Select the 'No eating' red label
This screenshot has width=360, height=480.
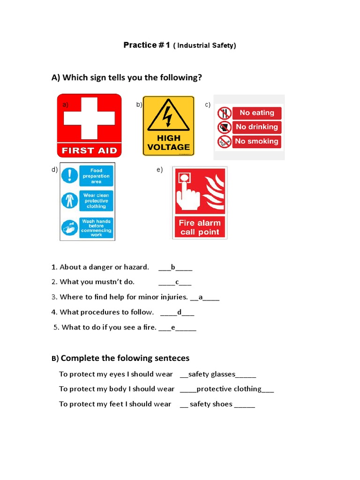(x=257, y=113)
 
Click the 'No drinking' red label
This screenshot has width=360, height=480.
(x=257, y=127)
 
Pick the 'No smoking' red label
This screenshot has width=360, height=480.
(x=257, y=141)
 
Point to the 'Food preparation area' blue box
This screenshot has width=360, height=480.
(x=96, y=176)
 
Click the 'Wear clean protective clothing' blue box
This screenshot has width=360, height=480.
(x=96, y=201)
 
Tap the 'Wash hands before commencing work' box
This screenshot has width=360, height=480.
(x=96, y=227)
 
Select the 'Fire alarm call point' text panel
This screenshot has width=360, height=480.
(x=200, y=227)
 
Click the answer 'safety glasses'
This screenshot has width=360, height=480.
(x=211, y=374)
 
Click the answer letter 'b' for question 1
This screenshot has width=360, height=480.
(x=173, y=267)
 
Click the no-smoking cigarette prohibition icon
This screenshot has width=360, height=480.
(x=224, y=141)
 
